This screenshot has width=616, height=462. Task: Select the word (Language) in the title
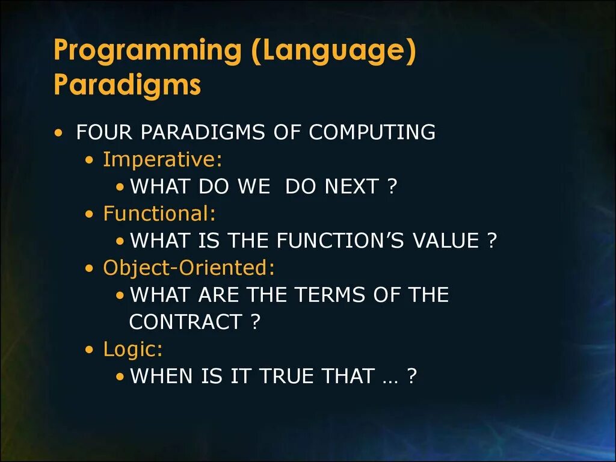pyautogui.click(x=333, y=51)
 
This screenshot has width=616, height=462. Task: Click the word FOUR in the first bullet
pyautogui.click(x=104, y=132)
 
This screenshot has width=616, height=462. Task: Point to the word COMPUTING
pyautogui.click(x=372, y=132)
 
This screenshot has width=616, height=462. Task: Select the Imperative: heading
pyautogui.click(x=162, y=159)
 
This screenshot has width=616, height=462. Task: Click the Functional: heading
pyautogui.click(x=159, y=214)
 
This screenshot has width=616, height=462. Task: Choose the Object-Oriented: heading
pyautogui.click(x=189, y=268)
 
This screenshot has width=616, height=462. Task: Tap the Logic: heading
pyautogui.click(x=133, y=350)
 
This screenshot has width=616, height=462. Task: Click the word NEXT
pyautogui.click(x=351, y=186)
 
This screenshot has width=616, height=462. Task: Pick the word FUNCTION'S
pyautogui.click(x=340, y=241)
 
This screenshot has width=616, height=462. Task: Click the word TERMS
pyautogui.click(x=330, y=295)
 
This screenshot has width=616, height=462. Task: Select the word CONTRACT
pyautogui.click(x=185, y=322)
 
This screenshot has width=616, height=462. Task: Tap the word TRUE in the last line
pyautogui.click(x=286, y=376)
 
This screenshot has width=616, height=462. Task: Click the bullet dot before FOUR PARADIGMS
pyautogui.click(x=58, y=132)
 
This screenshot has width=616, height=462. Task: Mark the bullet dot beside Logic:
pyautogui.click(x=90, y=350)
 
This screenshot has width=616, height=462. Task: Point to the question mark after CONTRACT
pyautogui.click(x=255, y=322)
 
